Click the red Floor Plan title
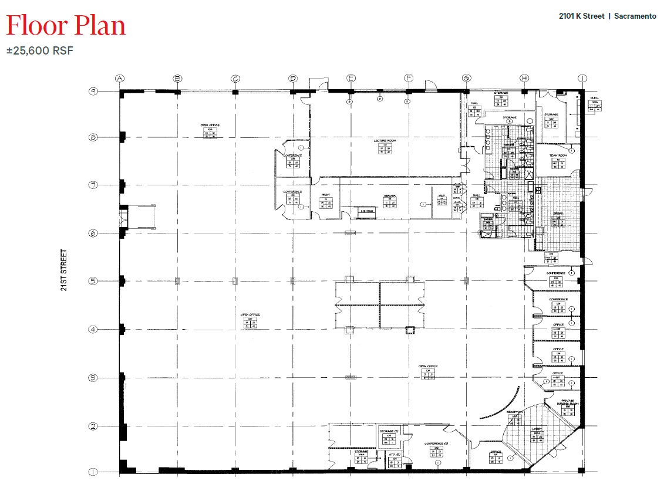[66, 26]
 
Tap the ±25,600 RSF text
[40, 51]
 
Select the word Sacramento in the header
[635, 16]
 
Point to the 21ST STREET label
[64, 270]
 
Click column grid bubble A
[120, 78]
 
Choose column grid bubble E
[350, 78]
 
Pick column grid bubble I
[582, 78]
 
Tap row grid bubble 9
[92, 91]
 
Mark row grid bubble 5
[92, 281]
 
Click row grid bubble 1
[92, 472]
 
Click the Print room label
[326, 195]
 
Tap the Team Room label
[557, 156]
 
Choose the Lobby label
[537, 429]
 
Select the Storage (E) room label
[388, 432]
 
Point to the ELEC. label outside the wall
[595, 97]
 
